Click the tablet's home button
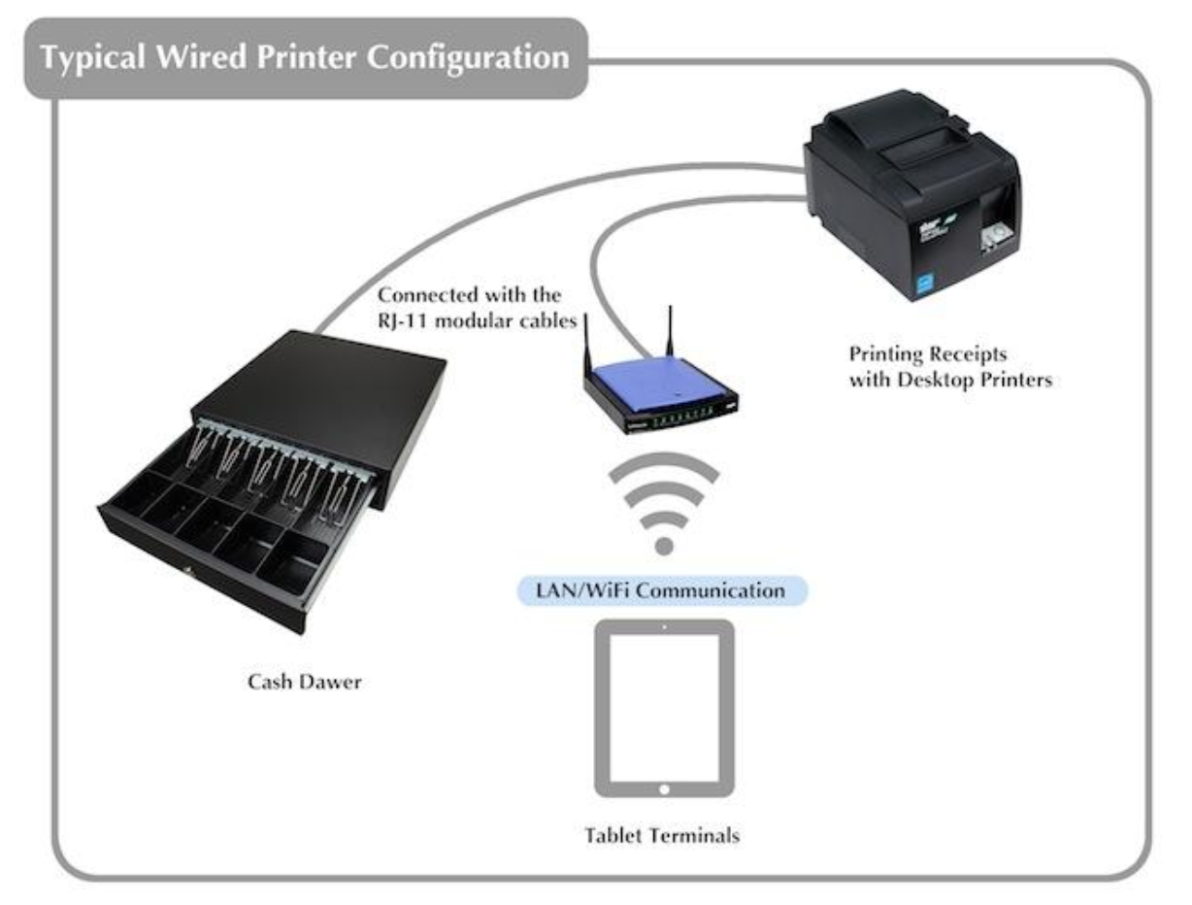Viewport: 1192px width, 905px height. [664, 788]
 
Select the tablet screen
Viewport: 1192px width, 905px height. [664, 706]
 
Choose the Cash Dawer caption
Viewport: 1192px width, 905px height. [303, 681]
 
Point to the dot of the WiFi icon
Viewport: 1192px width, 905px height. [664, 546]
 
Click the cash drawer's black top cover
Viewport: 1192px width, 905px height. [320, 384]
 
